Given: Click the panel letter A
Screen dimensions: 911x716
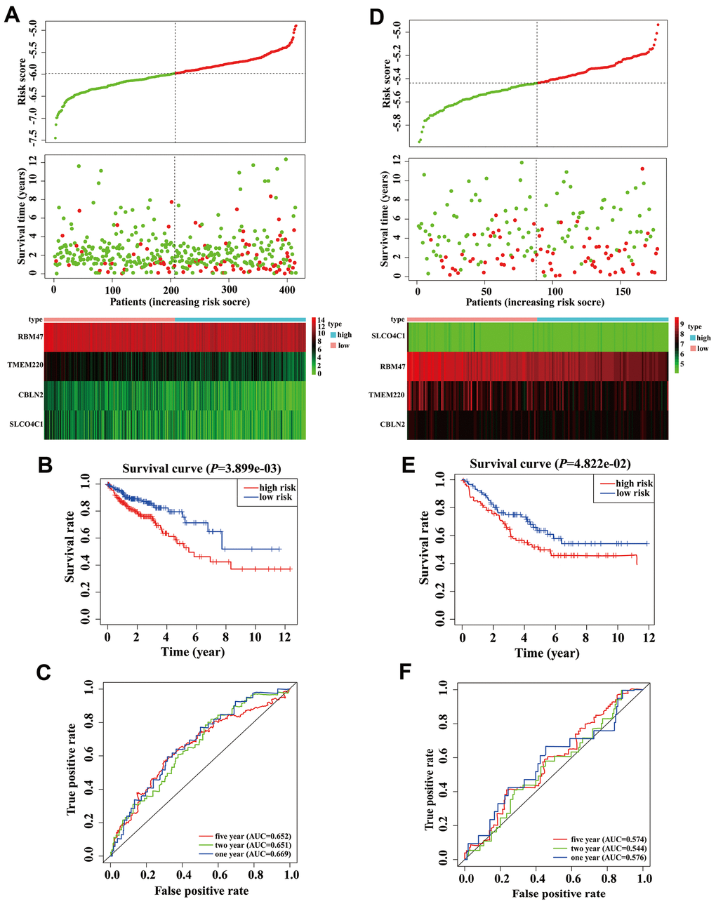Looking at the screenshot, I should click(x=12, y=15).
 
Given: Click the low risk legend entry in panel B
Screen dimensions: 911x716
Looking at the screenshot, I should click(x=276, y=497).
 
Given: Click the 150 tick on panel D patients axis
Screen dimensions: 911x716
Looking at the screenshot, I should click(x=623, y=291).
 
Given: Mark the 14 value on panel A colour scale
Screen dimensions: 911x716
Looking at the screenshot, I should click(x=321, y=321).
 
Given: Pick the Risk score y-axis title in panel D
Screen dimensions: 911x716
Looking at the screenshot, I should click(x=387, y=84).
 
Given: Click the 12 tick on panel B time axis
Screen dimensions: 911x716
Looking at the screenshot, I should click(x=285, y=637).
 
